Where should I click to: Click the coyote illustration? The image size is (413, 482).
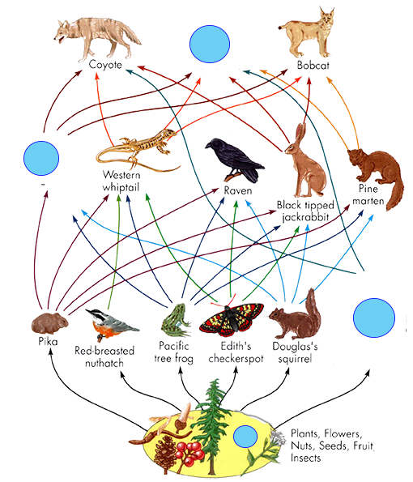97,37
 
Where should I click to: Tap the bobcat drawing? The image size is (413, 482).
308,33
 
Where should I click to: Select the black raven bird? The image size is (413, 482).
234,160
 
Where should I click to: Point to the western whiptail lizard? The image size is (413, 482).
138,150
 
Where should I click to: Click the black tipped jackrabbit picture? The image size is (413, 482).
305,160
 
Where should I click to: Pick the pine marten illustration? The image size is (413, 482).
377,175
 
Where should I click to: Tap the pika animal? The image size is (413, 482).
49,323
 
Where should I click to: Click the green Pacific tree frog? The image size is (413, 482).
176,320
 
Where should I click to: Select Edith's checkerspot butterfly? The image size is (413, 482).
232,318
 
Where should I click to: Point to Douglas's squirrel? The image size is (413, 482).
296,316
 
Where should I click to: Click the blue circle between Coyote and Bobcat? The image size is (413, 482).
210,44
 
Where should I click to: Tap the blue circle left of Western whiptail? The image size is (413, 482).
41,158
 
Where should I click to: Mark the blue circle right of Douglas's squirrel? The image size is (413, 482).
374,318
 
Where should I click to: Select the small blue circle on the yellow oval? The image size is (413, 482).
245,437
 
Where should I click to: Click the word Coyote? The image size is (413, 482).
105,65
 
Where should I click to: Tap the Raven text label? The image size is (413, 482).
238,190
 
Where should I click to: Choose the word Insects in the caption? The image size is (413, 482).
306,458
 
